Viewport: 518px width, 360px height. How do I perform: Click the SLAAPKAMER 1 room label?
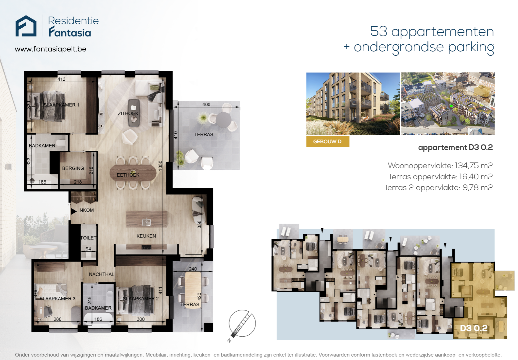(x=61, y=105)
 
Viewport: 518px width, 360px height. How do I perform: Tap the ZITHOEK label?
(x=128, y=113)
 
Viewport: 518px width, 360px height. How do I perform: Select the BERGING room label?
(x=73, y=168)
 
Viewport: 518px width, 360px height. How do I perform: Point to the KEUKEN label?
(x=146, y=236)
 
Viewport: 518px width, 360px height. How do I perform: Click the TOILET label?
(x=88, y=238)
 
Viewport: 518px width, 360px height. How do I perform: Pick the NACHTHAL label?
(x=102, y=274)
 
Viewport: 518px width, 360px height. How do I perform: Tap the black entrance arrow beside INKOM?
(x=74, y=211)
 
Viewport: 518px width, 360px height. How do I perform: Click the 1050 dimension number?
(x=161, y=166)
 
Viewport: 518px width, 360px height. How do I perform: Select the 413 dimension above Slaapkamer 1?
(x=61, y=79)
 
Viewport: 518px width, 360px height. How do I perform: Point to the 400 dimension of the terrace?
(x=206, y=104)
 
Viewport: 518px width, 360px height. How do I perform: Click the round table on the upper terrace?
(x=224, y=120)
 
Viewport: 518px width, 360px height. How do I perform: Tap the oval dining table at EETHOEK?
(x=133, y=173)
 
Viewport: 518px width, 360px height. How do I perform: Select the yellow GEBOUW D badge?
(x=328, y=141)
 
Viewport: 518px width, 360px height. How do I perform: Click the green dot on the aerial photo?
(x=451, y=106)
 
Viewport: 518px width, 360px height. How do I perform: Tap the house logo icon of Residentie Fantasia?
(x=26, y=26)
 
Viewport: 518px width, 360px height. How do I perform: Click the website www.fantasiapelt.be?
(x=50, y=49)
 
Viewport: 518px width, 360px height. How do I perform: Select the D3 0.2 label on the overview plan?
(x=474, y=328)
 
